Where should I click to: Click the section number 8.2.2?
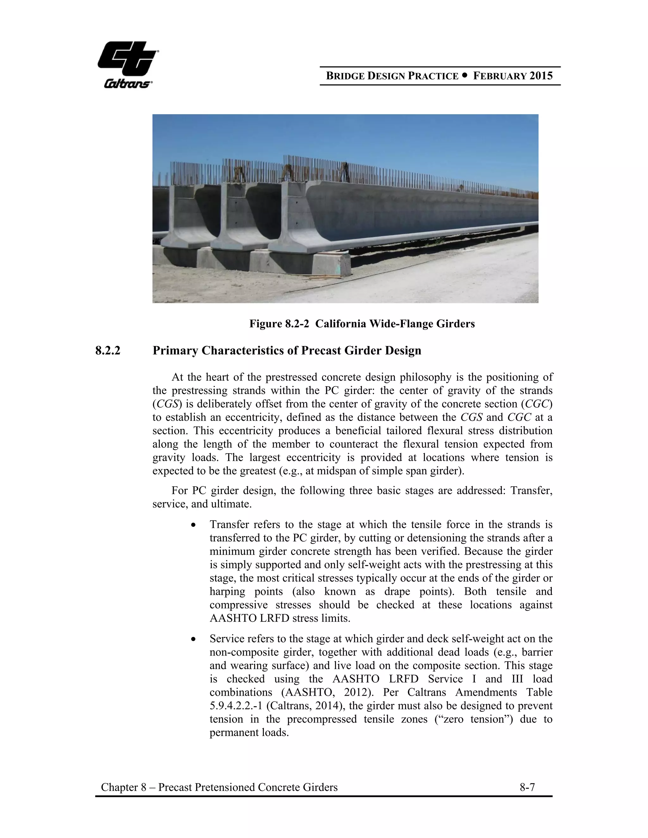[108, 350]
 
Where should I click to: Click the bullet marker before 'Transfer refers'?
[194, 525]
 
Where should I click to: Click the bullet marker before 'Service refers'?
[194, 639]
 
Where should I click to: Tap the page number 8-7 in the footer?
[527, 787]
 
